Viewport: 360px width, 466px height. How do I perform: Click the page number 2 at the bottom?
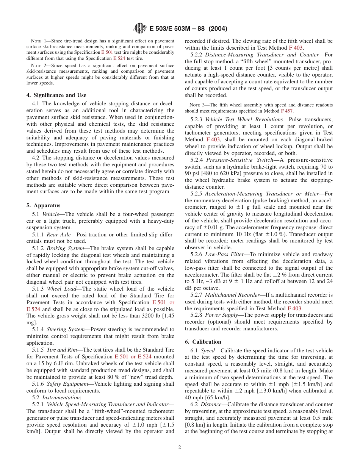coord(180,447)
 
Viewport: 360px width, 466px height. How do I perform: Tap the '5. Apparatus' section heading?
coord(43,205)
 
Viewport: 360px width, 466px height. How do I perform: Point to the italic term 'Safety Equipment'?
coord(66,384)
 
